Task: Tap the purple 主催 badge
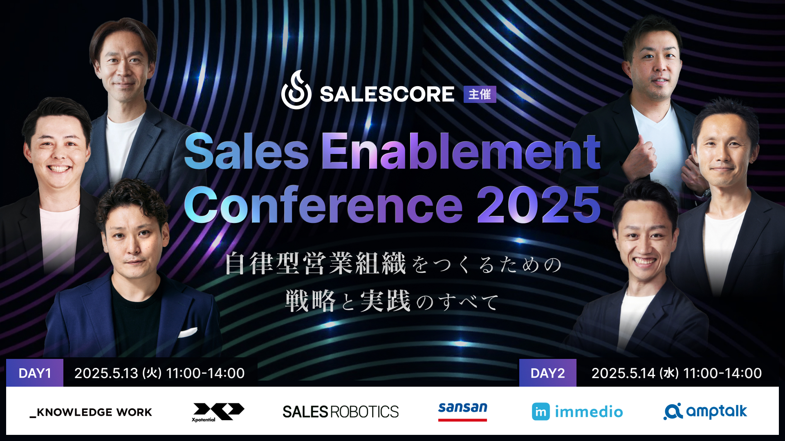point(480,94)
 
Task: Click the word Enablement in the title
point(461,151)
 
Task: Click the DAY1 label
point(35,373)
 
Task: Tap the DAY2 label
point(547,373)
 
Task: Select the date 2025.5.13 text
point(106,373)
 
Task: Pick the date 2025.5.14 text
point(624,373)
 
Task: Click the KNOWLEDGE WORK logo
point(91,412)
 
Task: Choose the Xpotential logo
point(218,412)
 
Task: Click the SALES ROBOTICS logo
point(341,412)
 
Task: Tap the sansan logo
point(462,411)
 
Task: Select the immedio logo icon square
point(541,412)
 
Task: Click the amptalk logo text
point(716,411)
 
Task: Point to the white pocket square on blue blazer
point(188,332)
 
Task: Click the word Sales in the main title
point(247,151)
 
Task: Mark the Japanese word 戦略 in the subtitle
point(310,301)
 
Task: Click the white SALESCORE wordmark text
point(387,94)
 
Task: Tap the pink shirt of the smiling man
point(59,237)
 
